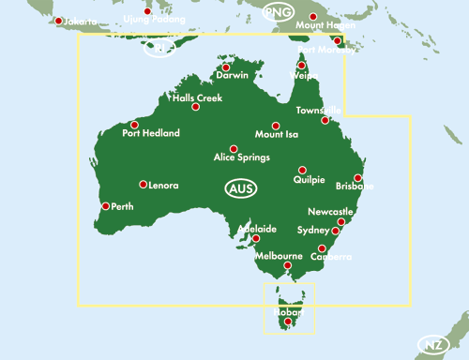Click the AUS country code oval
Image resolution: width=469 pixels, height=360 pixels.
click(240, 189)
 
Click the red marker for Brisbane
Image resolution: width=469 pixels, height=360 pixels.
click(357, 177)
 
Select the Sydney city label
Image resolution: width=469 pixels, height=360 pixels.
click(312, 230)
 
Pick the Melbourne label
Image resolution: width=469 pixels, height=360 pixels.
click(279, 255)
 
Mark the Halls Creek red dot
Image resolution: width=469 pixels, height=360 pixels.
click(196, 107)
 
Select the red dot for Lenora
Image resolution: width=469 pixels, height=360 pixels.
click(143, 185)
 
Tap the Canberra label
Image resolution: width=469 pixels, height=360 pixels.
click(332, 257)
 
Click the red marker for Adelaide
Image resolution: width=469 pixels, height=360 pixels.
click(255, 239)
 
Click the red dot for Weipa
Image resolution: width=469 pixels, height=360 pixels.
click(302, 67)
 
